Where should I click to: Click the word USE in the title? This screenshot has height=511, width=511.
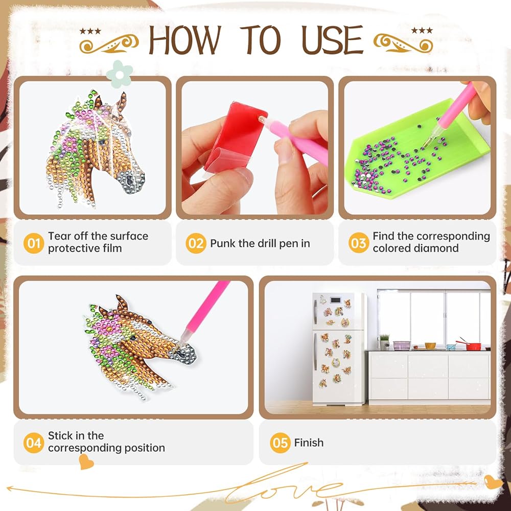click(x=332, y=40)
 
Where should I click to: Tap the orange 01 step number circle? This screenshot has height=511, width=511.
click(x=34, y=243)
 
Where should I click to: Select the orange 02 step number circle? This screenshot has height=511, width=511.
click(x=196, y=243)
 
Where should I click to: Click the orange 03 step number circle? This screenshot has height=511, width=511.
click(x=359, y=243)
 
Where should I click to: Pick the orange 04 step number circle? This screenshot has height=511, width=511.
click(x=34, y=443)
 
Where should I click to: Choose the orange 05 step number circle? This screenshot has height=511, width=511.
click(x=280, y=443)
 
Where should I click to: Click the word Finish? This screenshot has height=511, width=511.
click(x=309, y=443)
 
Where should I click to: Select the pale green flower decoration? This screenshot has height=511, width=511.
click(x=120, y=74)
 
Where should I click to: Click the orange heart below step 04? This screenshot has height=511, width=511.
click(x=86, y=462)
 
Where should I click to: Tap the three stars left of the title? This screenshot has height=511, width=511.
click(x=90, y=31)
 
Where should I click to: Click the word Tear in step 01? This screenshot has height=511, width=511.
click(x=59, y=236)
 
